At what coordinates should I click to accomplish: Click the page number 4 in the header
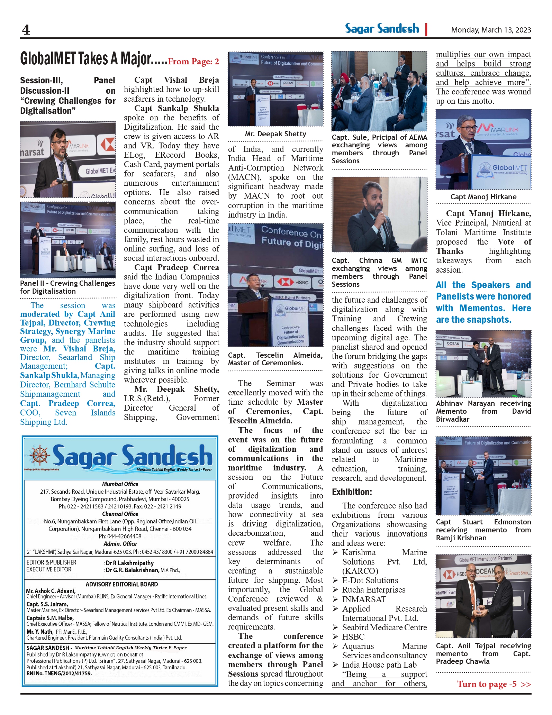tap(26, 30)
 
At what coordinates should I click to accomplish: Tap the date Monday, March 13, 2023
tap(491, 30)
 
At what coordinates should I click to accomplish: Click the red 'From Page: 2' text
tap(193, 62)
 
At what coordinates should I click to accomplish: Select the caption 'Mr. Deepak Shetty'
tap(275, 134)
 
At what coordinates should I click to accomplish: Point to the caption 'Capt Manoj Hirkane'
tap(483, 197)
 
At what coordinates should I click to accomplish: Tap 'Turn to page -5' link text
tap(487, 684)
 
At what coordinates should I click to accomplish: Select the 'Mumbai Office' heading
tap(120, 484)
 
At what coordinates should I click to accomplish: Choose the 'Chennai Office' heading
tap(120, 514)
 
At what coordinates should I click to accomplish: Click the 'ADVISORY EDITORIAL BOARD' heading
tap(122, 584)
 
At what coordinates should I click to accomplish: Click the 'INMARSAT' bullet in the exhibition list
tap(364, 599)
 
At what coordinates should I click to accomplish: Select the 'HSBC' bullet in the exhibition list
tap(353, 636)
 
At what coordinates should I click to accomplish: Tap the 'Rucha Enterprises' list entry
tap(373, 590)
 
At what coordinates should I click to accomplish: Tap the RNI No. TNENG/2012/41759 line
tap(59, 673)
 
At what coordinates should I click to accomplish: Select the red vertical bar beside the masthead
tap(426, 29)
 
